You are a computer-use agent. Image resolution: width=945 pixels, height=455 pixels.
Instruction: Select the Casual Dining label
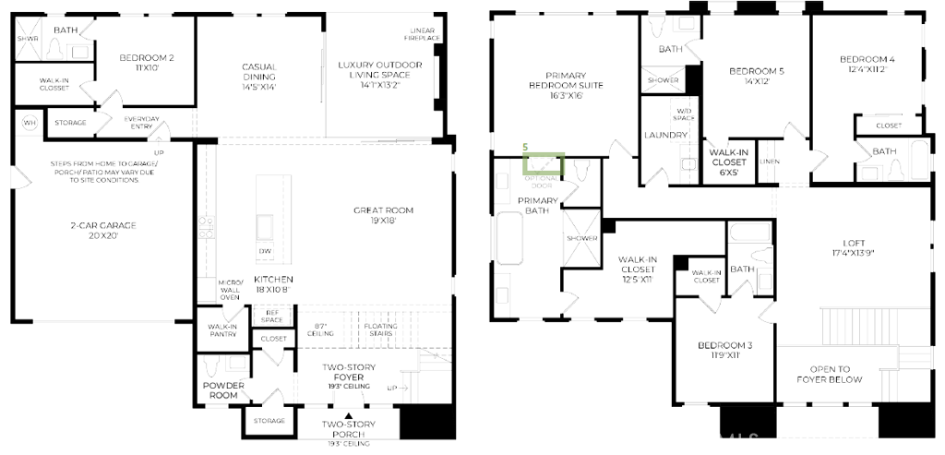(259, 77)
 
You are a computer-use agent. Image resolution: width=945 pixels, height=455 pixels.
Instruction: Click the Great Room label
(383, 215)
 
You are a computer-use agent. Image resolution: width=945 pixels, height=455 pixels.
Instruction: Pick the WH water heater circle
(29, 123)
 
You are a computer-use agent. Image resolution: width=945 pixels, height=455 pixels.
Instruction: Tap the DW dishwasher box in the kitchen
(265, 250)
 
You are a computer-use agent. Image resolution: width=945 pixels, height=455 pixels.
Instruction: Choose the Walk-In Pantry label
(222, 330)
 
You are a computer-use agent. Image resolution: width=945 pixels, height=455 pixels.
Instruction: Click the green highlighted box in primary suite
(543, 164)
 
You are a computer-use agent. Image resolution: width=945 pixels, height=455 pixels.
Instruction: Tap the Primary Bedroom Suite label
(573, 85)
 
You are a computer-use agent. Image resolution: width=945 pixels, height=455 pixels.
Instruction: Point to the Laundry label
(666, 136)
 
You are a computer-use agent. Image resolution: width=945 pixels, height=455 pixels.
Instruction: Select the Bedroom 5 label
(756, 77)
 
